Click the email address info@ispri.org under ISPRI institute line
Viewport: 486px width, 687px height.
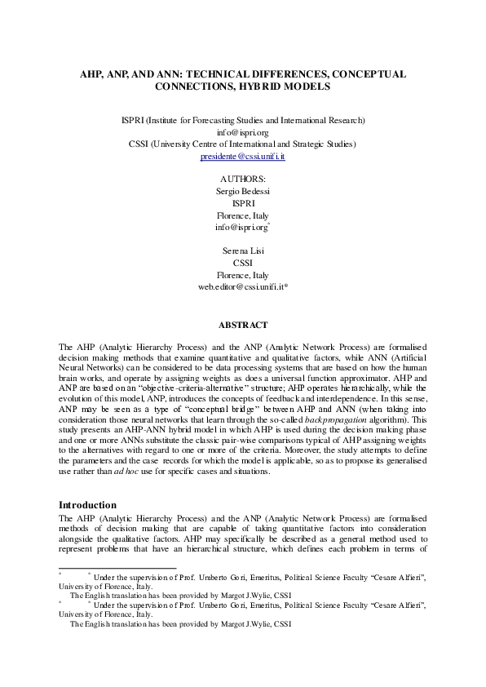243,131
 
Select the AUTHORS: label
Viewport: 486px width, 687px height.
243,179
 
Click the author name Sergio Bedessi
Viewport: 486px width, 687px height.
243,191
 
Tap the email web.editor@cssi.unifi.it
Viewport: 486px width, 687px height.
243,287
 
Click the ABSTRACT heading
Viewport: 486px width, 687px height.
243,325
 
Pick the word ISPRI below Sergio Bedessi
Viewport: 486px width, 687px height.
243,202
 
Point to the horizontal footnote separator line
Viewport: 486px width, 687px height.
118,568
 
